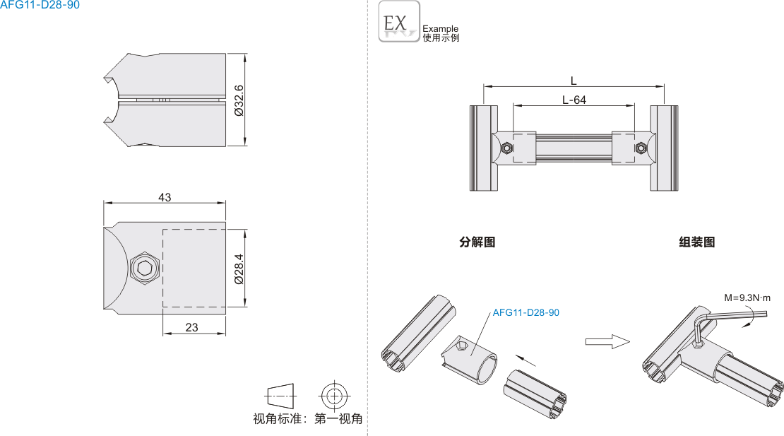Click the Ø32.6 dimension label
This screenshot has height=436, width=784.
click(x=238, y=100)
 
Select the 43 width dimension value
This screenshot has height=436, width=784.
click(x=165, y=197)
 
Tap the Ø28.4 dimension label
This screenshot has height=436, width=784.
click(x=238, y=269)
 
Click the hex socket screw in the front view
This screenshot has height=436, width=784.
click(x=144, y=269)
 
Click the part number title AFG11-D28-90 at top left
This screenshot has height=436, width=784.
click(x=40, y=5)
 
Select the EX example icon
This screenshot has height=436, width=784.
click(x=399, y=21)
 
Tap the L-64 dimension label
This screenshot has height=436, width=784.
click(x=574, y=100)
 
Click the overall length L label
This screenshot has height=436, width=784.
click(x=574, y=81)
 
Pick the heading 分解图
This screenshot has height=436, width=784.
click(x=477, y=242)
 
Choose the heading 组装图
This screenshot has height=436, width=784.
click(x=696, y=242)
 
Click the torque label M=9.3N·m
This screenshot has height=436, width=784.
click(x=747, y=297)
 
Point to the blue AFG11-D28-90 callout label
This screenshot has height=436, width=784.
click(x=525, y=312)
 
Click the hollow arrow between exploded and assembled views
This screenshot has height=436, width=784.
click(x=607, y=341)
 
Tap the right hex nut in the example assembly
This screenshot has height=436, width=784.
click(x=639, y=148)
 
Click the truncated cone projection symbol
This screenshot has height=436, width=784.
click(x=281, y=394)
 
